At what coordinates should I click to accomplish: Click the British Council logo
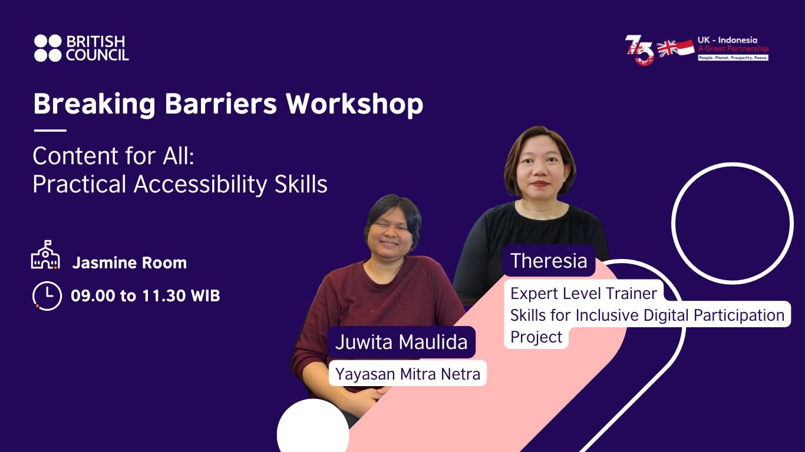click(x=81, y=48)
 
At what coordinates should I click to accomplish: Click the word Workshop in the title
click(x=355, y=104)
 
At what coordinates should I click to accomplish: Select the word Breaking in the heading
click(x=94, y=104)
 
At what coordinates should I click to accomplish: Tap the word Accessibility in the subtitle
click(x=202, y=184)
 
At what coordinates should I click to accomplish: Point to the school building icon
click(x=45, y=255)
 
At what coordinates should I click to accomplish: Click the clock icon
click(x=47, y=295)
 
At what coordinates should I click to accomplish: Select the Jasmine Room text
click(x=129, y=263)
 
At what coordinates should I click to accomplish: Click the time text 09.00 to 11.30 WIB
click(x=145, y=295)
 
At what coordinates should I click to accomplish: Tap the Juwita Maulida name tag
click(x=401, y=342)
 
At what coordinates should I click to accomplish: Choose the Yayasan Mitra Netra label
click(x=408, y=373)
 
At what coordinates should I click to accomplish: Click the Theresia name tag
click(x=549, y=261)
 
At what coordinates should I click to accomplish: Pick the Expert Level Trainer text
click(x=583, y=293)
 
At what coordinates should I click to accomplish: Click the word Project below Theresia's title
click(x=536, y=337)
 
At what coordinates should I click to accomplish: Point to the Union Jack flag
click(x=668, y=48)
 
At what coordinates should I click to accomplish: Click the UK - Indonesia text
click(x=727, y=40)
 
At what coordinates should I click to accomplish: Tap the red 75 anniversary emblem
click(x=639, y=49)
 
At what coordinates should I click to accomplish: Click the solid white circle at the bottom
click(x=312, y=430)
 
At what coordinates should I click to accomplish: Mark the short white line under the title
click(x=50, y=131)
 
